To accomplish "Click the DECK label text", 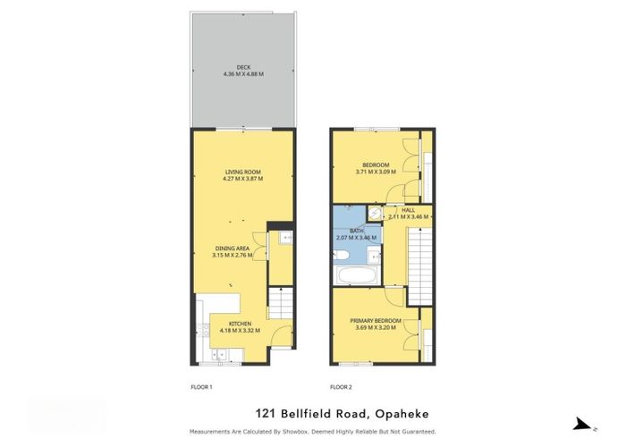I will coord(243,67).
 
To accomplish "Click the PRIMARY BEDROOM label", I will coord(376,320).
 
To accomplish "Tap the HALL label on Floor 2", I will coord(409,209).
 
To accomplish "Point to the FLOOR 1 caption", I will coord(202,387).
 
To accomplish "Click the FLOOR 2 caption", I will coord(342,387).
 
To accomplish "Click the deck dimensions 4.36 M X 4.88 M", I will coord(243,74).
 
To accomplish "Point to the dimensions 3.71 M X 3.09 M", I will coord(376,171).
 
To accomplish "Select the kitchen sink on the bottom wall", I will coord(220,358).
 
